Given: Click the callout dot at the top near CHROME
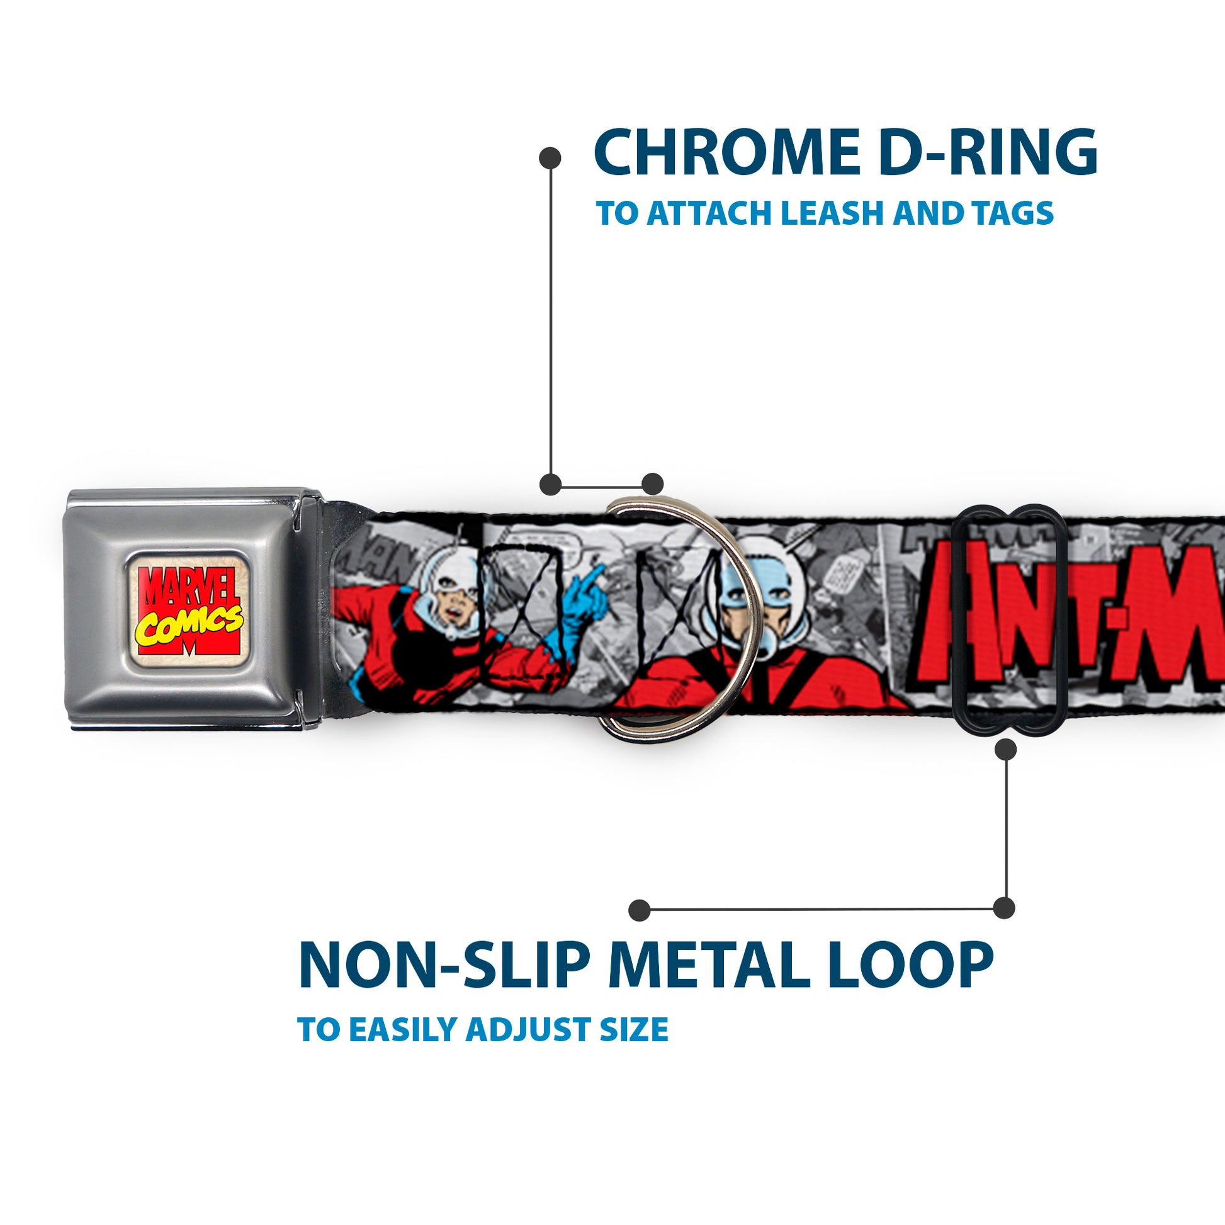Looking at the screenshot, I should (549, 158).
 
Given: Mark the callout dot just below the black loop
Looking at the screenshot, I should (1005, 750).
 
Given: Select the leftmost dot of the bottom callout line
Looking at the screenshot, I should (640, 910).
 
